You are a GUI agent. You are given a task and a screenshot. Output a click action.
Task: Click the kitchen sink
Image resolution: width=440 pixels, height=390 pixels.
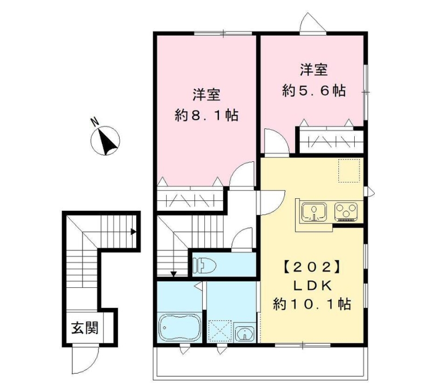click(x=313, y=211)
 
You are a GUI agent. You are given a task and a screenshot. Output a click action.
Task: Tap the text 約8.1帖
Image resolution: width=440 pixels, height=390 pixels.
click(x=206, y=115)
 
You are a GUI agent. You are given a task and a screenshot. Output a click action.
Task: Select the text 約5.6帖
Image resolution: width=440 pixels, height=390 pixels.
click(x=313, y=91)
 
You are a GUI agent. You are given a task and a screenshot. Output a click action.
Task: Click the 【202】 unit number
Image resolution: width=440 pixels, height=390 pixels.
click(x=313, y=267)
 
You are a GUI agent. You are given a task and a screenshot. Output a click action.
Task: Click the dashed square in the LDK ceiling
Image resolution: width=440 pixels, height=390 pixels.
click(x=349, y=170)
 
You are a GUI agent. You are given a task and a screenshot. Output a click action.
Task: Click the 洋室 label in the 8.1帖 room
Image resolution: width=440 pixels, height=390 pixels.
click(x=206, y=95)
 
